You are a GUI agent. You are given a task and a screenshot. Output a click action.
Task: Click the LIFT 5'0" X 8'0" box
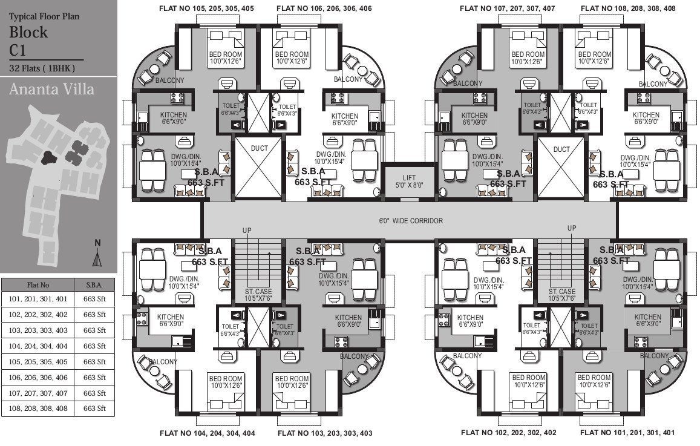click(x=409, y=181)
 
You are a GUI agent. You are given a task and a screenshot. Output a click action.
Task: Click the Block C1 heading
click(x=28, y=41)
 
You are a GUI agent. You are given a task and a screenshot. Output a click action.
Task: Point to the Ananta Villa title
click(x=51, y=90)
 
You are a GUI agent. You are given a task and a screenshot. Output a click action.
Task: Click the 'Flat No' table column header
click(x=38, y=284)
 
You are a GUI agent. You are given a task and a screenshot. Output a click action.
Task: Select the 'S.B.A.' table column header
click(x=94, y=284)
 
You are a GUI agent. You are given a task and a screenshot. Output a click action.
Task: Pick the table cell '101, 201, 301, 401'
click(x=38, y=299)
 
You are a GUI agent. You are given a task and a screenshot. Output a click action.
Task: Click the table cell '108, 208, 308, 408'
click(x=38, y=408)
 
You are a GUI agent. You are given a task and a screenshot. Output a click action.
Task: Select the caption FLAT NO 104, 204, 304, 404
click(x=207, y=433)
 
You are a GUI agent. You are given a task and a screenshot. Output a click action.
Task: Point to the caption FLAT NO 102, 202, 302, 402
click(x=508, y=433)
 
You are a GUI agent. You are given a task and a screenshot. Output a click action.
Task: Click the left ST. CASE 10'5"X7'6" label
click(x=258, y=295)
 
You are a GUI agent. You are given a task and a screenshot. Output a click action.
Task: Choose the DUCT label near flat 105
click(x=258, y=149)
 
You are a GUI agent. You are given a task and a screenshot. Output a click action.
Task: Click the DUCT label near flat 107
click(x=561, y=149)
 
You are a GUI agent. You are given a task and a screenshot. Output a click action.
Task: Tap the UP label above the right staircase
click(x=572, y=228)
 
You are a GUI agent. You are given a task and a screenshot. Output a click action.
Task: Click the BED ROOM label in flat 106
click(x=292, y=57)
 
